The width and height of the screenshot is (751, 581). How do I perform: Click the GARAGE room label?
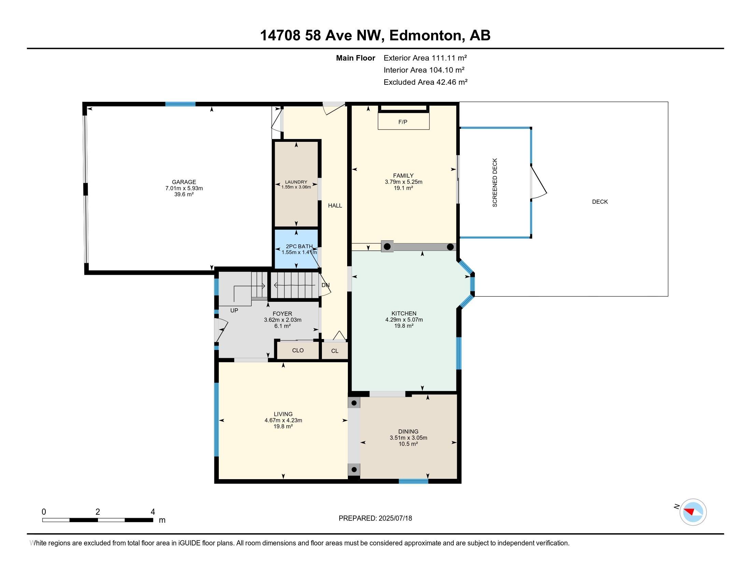coord(184,182)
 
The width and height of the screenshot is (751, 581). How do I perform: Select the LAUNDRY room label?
coord(296,182)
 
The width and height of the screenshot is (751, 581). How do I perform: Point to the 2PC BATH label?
coord(299,246)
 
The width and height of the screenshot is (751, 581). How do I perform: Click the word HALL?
coord(335,205)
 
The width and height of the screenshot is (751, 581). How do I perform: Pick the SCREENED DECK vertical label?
coord(495,183)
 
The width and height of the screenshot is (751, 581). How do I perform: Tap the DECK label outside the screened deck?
coord(600,202)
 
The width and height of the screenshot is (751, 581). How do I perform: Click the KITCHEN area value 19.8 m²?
coord(404,326)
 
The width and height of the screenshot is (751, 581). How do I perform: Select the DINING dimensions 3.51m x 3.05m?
coord(408,438)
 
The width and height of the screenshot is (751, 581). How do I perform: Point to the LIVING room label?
coord(283,414)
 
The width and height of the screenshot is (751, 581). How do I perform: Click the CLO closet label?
coord(298,350)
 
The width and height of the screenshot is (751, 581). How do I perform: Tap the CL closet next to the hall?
coord(335,351)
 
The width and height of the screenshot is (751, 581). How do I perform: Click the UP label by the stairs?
coord(234,310)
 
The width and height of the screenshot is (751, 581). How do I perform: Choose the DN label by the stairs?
coord(325,285)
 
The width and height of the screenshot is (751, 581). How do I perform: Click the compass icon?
coord(693,512)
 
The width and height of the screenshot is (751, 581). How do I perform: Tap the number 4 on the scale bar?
coord(153,512)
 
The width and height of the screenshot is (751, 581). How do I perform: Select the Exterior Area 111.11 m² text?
coord(425,58)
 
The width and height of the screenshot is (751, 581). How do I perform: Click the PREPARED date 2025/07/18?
coord(395,518)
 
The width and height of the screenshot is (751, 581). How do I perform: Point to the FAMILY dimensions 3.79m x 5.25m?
coord(403,182)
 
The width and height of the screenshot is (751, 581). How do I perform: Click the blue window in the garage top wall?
coord(180,104)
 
